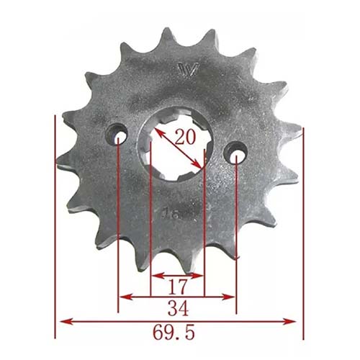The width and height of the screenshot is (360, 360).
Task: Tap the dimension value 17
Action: tap(177, 287)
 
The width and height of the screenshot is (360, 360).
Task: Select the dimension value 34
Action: tap(177, 310)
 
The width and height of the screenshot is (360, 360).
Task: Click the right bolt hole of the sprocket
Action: tap(235, 152)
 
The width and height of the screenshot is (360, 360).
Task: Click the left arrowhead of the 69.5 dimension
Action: tap(63, 320)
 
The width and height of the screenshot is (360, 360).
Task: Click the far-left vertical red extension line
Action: tap(55, 230)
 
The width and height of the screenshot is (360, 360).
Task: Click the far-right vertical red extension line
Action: tap(303, 230)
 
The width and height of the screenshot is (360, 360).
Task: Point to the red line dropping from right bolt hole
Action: tap(236, 238)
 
